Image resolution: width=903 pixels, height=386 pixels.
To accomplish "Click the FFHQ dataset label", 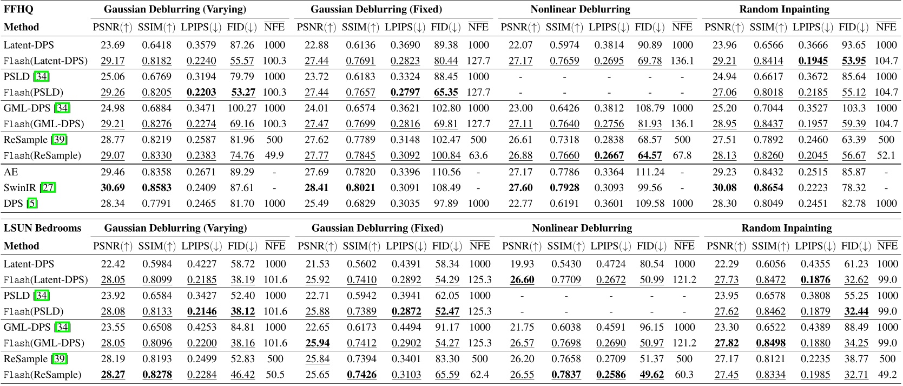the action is coord(18,9).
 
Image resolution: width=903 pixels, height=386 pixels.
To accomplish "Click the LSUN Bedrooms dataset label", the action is coord(42,228).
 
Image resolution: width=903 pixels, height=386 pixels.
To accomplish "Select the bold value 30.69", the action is coord(113,187).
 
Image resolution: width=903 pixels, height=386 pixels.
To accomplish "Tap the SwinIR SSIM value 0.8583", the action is coord(157,187).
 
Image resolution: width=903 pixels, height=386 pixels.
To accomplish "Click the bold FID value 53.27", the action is coord(242,92).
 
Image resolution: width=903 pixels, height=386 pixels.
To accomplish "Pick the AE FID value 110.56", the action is coord(446,172).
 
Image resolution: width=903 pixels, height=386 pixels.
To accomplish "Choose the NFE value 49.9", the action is coord(274,155).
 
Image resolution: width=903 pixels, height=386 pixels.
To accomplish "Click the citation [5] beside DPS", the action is coord(32,204).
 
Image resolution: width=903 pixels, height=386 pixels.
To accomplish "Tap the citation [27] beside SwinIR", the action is coord(48,187).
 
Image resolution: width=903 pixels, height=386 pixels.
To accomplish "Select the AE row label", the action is coord(11,172).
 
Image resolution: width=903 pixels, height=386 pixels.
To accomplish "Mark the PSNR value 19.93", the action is coord(522,264).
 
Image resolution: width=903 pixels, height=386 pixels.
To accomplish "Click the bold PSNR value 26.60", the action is coord(522,279).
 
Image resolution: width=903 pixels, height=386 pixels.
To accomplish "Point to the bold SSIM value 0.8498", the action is coord(770,343).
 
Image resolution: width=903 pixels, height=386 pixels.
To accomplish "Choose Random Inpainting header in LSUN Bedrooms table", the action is coord(786,228).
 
